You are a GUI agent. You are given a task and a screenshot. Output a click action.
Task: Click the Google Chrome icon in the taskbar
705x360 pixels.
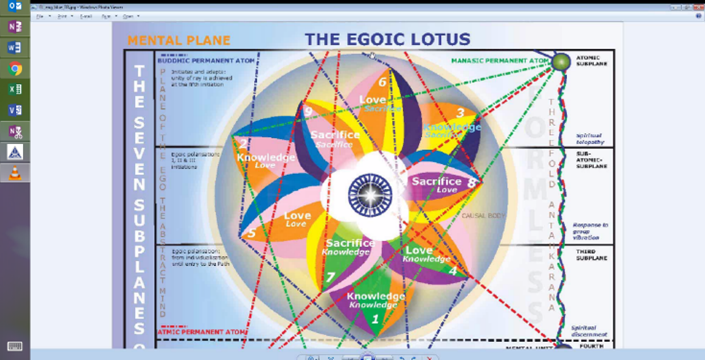click(16, 68)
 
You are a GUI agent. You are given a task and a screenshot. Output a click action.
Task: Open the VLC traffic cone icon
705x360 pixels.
click(16, 173)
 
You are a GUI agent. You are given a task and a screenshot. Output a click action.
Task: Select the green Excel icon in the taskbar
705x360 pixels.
click(16, 89)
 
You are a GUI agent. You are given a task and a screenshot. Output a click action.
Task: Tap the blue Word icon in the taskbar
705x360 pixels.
click(16, 47)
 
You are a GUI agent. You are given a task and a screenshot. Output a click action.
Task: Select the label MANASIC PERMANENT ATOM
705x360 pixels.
click(501, 61)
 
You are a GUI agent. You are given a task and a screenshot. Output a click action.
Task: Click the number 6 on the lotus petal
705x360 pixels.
click(382, 81)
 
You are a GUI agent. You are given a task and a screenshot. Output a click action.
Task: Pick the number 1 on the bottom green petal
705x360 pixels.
click(375, 319)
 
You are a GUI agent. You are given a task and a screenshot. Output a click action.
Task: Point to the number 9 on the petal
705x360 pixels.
click(308, 111)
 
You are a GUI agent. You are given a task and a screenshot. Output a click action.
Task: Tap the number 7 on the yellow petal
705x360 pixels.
click(330, 277)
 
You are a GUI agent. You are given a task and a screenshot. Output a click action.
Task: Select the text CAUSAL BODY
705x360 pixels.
click(481, 215)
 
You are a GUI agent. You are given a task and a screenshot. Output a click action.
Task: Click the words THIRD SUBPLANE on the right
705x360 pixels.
click(589, 259)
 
